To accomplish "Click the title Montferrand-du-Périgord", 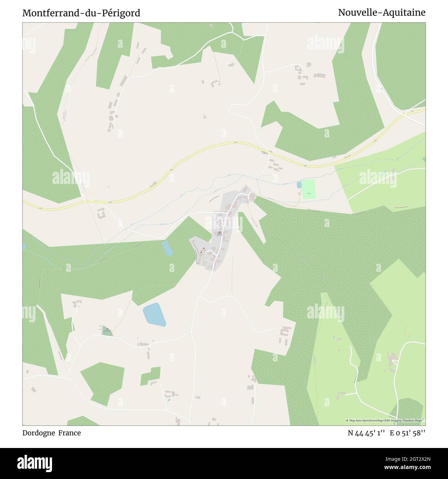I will coord(81,13).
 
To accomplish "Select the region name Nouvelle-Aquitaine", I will coord(381,13).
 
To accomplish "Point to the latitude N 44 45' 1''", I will coord(366,433).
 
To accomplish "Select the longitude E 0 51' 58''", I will coord(407,433).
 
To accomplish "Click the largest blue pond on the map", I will coord(154,314).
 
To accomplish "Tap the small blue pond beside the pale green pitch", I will coord(299,185).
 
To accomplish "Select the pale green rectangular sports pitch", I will coord(308,189).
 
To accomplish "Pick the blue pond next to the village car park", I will coord(167,248).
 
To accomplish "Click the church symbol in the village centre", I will coord(220,233).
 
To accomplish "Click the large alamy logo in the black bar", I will coord(35,463).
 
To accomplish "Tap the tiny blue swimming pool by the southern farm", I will coord(168,400).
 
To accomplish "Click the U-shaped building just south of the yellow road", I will coord(101,214).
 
